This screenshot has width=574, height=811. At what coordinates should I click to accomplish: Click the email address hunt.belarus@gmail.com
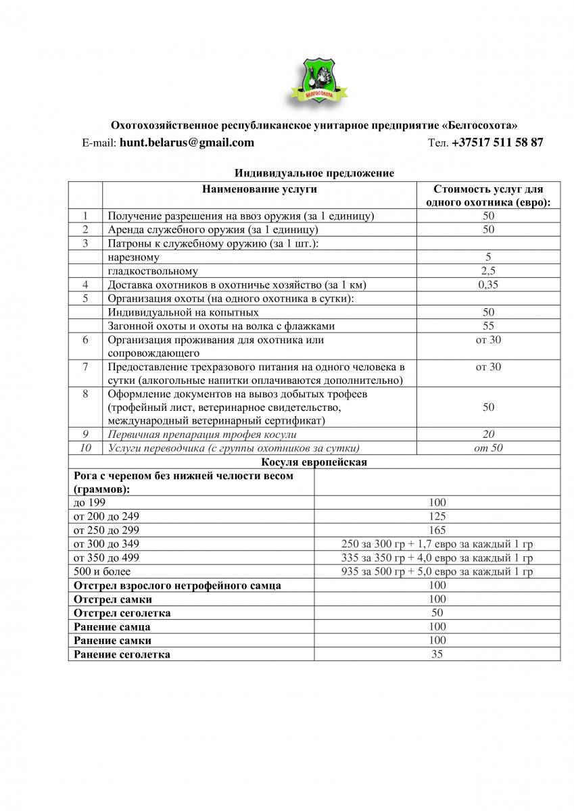coord(187,143)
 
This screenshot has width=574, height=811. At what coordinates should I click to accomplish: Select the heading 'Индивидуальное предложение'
coord(314,174)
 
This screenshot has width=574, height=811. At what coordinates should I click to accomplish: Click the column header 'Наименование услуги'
coord(260,190)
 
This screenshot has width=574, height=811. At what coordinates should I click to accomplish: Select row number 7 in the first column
coord(85,367)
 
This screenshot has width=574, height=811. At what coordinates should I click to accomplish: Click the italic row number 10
coord(85,448)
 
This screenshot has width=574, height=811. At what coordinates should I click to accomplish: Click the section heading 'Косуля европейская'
coord(314,462)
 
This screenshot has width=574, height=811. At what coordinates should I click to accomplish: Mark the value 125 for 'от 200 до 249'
coord(437,516)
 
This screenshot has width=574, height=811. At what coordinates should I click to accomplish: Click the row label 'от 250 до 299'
coord(106,531)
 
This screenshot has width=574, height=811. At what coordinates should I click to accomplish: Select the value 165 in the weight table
coord(437,531)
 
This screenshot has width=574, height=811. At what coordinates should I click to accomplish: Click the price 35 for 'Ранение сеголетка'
coord(437,654)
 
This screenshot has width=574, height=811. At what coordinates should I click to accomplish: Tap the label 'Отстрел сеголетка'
coord(122,613)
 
